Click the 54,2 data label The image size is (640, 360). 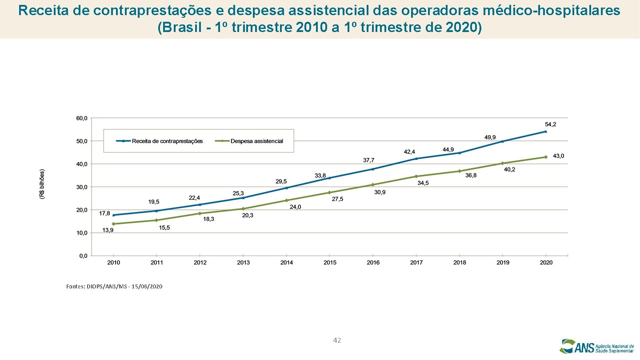pyautogui.click(x=550, y=124)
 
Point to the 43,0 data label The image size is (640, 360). pyautogui.click(x=558, y=156)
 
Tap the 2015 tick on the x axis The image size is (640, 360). pyautogui.click(x=330, y=263)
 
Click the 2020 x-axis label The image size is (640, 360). pyautogui.click(x=546, y=263)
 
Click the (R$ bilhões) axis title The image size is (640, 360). pyautogui.click(x=42, y=184)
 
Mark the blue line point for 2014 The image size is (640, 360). pyautogui.click(x=287, y=188)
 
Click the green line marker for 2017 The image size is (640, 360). pyautogui.click(x=416, y=176)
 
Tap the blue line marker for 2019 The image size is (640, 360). pyautogui.click(x=503, y=141)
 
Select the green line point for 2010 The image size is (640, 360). pyautogui.click(x=114, y=224)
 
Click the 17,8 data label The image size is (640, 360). pyautogui.click(x=104, y=213)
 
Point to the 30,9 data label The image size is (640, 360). pyautogui.click(x=380, y=192)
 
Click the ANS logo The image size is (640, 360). pyautogui.click(x=596, y=346)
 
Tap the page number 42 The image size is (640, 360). pyautogui.click(x=337, y=340)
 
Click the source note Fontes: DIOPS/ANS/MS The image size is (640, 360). pyautogui.click(x=114, y=287)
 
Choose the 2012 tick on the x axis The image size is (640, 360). pyautogui.click(x=200, y=263)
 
